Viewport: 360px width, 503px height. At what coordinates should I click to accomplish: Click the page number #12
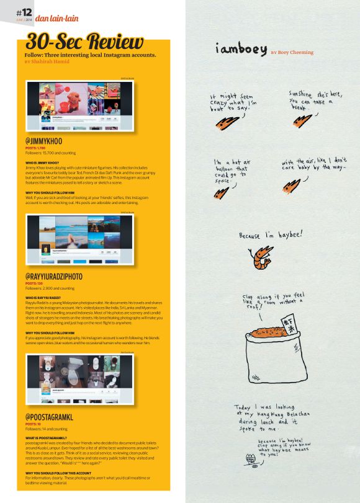pos(24,13)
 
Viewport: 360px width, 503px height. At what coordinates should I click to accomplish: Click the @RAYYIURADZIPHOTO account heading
pos(63,275)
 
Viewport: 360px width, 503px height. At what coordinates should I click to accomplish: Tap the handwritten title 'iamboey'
pos(241,48)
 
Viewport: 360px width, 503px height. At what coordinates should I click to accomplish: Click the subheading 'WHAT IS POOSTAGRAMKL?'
pos(47,438)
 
